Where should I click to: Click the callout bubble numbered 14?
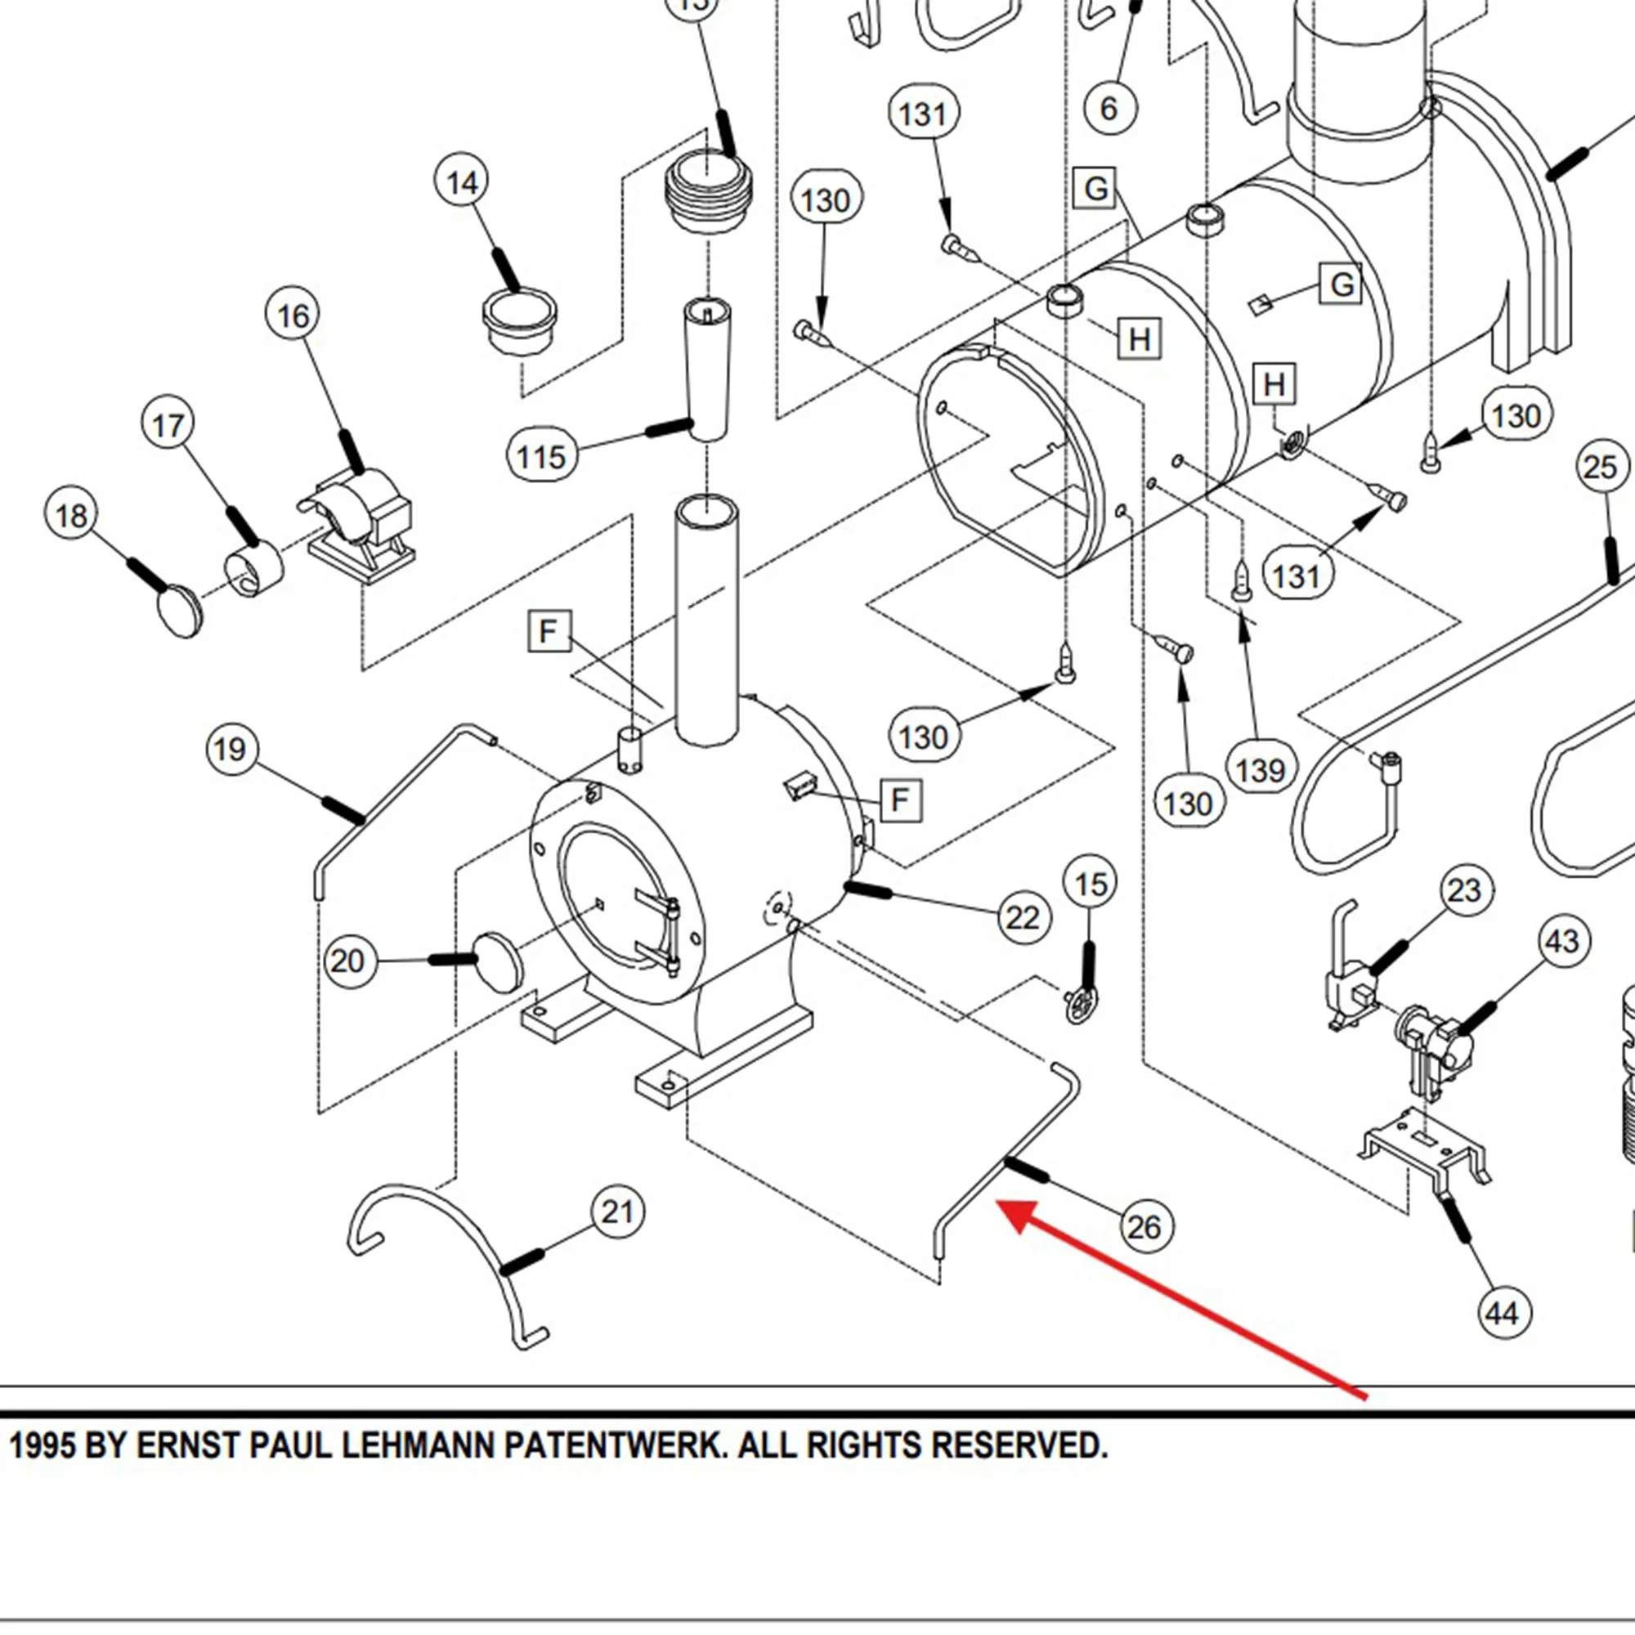[x=462, y=183]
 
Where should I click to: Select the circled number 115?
[x=540, y=456]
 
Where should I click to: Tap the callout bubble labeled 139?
[x=1261, y=770]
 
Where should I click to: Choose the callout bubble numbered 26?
[x=1145, y=1226]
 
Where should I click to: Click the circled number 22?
[x=1023, y=917]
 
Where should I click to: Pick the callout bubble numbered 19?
[x=231, y=749]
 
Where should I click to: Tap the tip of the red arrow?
[x=1001, y=1203]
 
